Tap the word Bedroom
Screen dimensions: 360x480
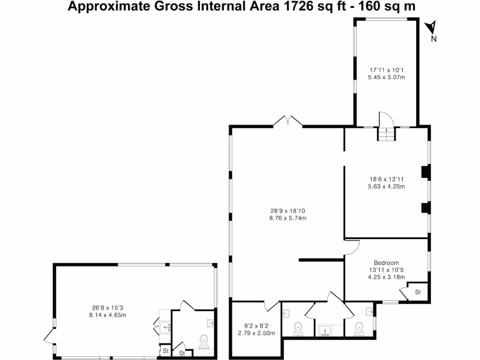click(x=386, y=263)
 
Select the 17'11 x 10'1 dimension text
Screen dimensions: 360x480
click(x=386, y=70)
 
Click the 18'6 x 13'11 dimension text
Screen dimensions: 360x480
click(x=386, y=179)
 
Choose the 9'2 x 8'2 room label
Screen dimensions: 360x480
click(x=255, y=326)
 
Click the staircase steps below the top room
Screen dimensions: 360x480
click(x=387, y=135)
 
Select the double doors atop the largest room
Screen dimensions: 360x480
click(x=288, y=121)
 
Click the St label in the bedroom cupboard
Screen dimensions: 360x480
click(x=418, y=292)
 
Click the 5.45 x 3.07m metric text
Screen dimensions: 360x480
click(x=386, y=77)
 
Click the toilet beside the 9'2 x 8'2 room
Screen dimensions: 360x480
click(x=298, y=328)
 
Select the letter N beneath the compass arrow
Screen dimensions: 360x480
click(x=434, y=39)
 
